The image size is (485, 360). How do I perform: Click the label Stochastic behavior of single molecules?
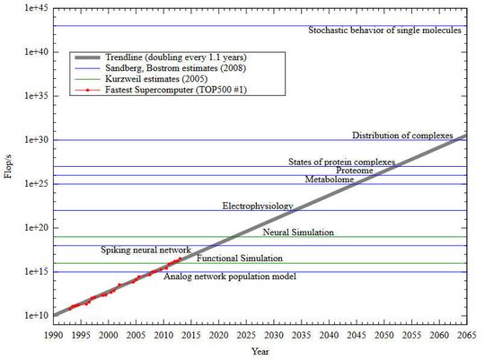point(384,30)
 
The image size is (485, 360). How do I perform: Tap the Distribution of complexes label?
point(402,136)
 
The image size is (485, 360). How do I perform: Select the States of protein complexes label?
point(341,162)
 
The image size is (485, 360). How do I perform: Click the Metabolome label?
point(329,180)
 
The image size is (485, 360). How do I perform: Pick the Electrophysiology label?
point(258,206)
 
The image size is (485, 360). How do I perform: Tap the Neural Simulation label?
point(298,233)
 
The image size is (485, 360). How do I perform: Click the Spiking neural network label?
point(145,250)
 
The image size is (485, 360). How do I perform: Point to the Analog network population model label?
point(229,277)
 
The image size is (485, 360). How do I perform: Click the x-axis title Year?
point(260,350)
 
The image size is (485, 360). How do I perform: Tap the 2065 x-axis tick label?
point(465,334)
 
